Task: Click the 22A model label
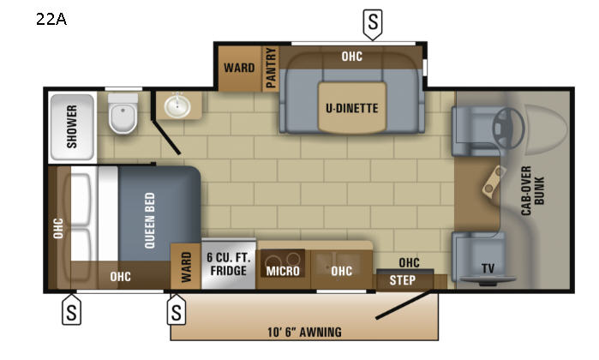tap(51, 19)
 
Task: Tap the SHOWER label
tap(72, 127)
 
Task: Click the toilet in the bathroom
tap(123, 113)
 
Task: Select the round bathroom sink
tap(177, 105)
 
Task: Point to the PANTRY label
tap(271, 68)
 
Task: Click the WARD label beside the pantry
tap(239, 68)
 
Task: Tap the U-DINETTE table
tap(352, 108)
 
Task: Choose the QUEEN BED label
tap(150, 220)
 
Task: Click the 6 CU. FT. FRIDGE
tap(229, 264)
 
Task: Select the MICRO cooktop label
tap(283, 271)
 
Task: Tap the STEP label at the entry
tap(402, 280)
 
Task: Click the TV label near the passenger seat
tap(488, 268)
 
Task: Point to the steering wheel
tap(508, 129)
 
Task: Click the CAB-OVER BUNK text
tap(532, 190)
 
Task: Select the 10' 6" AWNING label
tap(304, 332)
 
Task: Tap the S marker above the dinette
tap(373, 24)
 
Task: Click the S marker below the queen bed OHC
tap(71, 310)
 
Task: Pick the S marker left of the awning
tap(177, 310)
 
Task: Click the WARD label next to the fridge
tap(186, 267)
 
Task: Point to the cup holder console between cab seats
tap(494, 182)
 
